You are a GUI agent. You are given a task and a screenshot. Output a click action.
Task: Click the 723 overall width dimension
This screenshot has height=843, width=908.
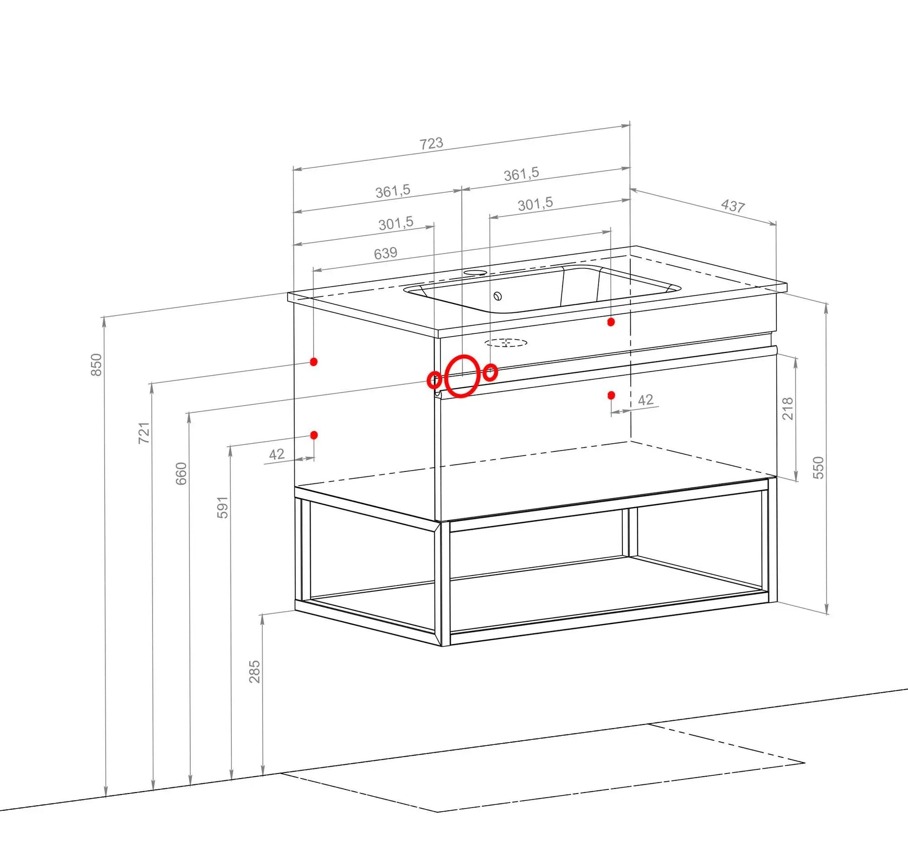coord(431,143)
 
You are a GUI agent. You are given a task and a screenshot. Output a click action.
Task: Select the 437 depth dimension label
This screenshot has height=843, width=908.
coord(733,205)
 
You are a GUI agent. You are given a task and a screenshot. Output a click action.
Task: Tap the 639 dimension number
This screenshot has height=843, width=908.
coord(385,253)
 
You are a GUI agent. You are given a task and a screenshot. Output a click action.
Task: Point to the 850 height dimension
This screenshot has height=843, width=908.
coord(96,365)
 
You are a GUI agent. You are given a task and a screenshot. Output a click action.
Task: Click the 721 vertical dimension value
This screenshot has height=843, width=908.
coord(144,433)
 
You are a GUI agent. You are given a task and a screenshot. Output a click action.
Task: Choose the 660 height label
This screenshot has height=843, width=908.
coord(181,473)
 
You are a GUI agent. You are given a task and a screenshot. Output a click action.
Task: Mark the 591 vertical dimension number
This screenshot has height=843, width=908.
coord(223,507)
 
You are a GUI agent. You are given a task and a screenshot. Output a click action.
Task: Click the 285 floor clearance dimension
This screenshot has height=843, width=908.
coord(254,672)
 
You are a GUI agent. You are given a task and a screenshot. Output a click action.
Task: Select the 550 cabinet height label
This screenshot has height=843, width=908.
coord(818,468)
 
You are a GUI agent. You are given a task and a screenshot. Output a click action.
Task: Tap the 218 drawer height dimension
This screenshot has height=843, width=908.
coord(788,408)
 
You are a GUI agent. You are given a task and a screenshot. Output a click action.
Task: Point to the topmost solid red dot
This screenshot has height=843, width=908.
coord(611,322)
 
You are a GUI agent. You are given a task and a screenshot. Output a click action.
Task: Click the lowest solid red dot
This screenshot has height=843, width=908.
coord(314,435)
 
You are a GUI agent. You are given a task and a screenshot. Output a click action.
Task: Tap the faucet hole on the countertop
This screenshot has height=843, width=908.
coord(475,272)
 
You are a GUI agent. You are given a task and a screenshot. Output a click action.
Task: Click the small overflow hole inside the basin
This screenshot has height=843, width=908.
coord(497,296)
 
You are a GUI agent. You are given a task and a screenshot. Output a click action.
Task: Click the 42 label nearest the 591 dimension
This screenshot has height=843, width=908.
coord(277,454)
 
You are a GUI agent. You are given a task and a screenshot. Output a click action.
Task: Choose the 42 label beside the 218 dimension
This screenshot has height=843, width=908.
coord(646,400)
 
